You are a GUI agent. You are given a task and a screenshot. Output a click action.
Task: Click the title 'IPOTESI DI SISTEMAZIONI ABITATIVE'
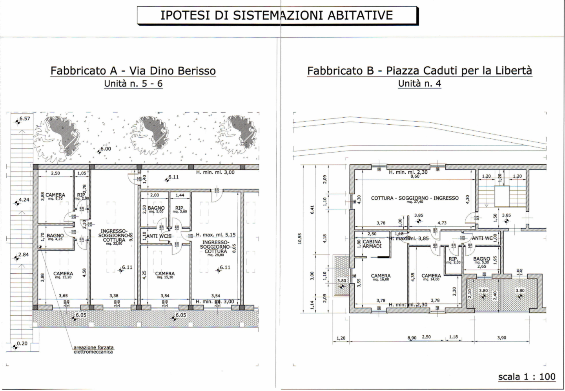click(277, 15)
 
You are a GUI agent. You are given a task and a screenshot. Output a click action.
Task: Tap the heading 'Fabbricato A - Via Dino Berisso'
click(133, 71)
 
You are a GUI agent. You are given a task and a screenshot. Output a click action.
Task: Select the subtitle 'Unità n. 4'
click(419, 84)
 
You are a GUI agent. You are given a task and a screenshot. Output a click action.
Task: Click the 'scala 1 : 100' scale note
click(527, 377)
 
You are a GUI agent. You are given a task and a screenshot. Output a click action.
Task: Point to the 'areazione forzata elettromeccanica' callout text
click(93, 350)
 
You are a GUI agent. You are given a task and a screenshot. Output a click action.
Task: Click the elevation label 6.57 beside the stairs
click(25, 119)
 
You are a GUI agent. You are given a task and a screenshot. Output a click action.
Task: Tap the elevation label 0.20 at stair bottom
click(22, 344)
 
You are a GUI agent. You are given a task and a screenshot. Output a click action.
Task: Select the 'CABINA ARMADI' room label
click(372, 244)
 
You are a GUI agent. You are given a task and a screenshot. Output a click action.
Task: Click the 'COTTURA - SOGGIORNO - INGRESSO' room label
click(415, 198)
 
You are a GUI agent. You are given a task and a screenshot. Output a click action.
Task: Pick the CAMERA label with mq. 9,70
click(55, 196)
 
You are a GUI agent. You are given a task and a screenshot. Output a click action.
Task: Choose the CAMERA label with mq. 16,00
click(381, 277)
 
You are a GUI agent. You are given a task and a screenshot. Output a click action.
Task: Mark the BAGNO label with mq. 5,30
click(481, 260)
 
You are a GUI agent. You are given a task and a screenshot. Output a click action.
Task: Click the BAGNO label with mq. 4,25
click(55, 237)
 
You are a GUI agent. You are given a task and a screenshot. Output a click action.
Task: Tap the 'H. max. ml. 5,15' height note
click(216, 235)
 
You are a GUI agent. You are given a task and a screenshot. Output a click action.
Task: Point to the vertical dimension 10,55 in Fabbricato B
click(300, 238)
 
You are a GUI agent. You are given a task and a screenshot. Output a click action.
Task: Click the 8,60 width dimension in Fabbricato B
click(415, 176)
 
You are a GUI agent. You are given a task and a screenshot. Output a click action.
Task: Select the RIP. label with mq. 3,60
click(180, 209)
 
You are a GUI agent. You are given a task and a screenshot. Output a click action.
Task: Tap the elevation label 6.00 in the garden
click(106, 149)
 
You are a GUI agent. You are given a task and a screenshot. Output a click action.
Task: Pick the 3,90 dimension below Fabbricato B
click(501, 338)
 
